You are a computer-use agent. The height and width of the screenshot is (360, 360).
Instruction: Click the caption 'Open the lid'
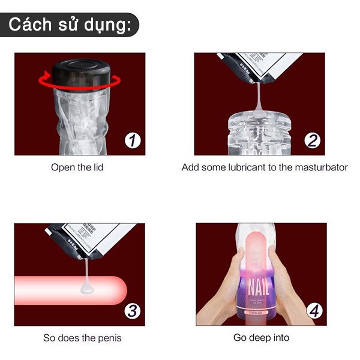[77, 167]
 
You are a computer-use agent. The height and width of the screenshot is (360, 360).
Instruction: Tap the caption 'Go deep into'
[261, 338]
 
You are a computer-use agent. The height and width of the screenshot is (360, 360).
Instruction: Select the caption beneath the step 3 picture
[82, 338]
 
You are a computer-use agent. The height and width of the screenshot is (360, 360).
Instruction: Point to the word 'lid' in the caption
[97, 167]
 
